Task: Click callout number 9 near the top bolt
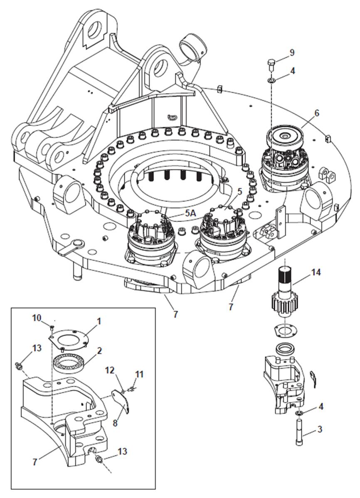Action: point(292,52)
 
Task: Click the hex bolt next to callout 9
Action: point(271,65)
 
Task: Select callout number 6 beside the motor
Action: point(317,113)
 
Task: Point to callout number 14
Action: point(316,272)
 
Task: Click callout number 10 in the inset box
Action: point(37,318)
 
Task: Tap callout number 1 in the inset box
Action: point(99,321)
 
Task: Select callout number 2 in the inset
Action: point(99,350)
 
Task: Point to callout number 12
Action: point(110,370)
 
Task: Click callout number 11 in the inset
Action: point(139,374)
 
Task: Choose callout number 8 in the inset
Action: point(115,423)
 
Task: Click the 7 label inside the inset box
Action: point(35,461)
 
